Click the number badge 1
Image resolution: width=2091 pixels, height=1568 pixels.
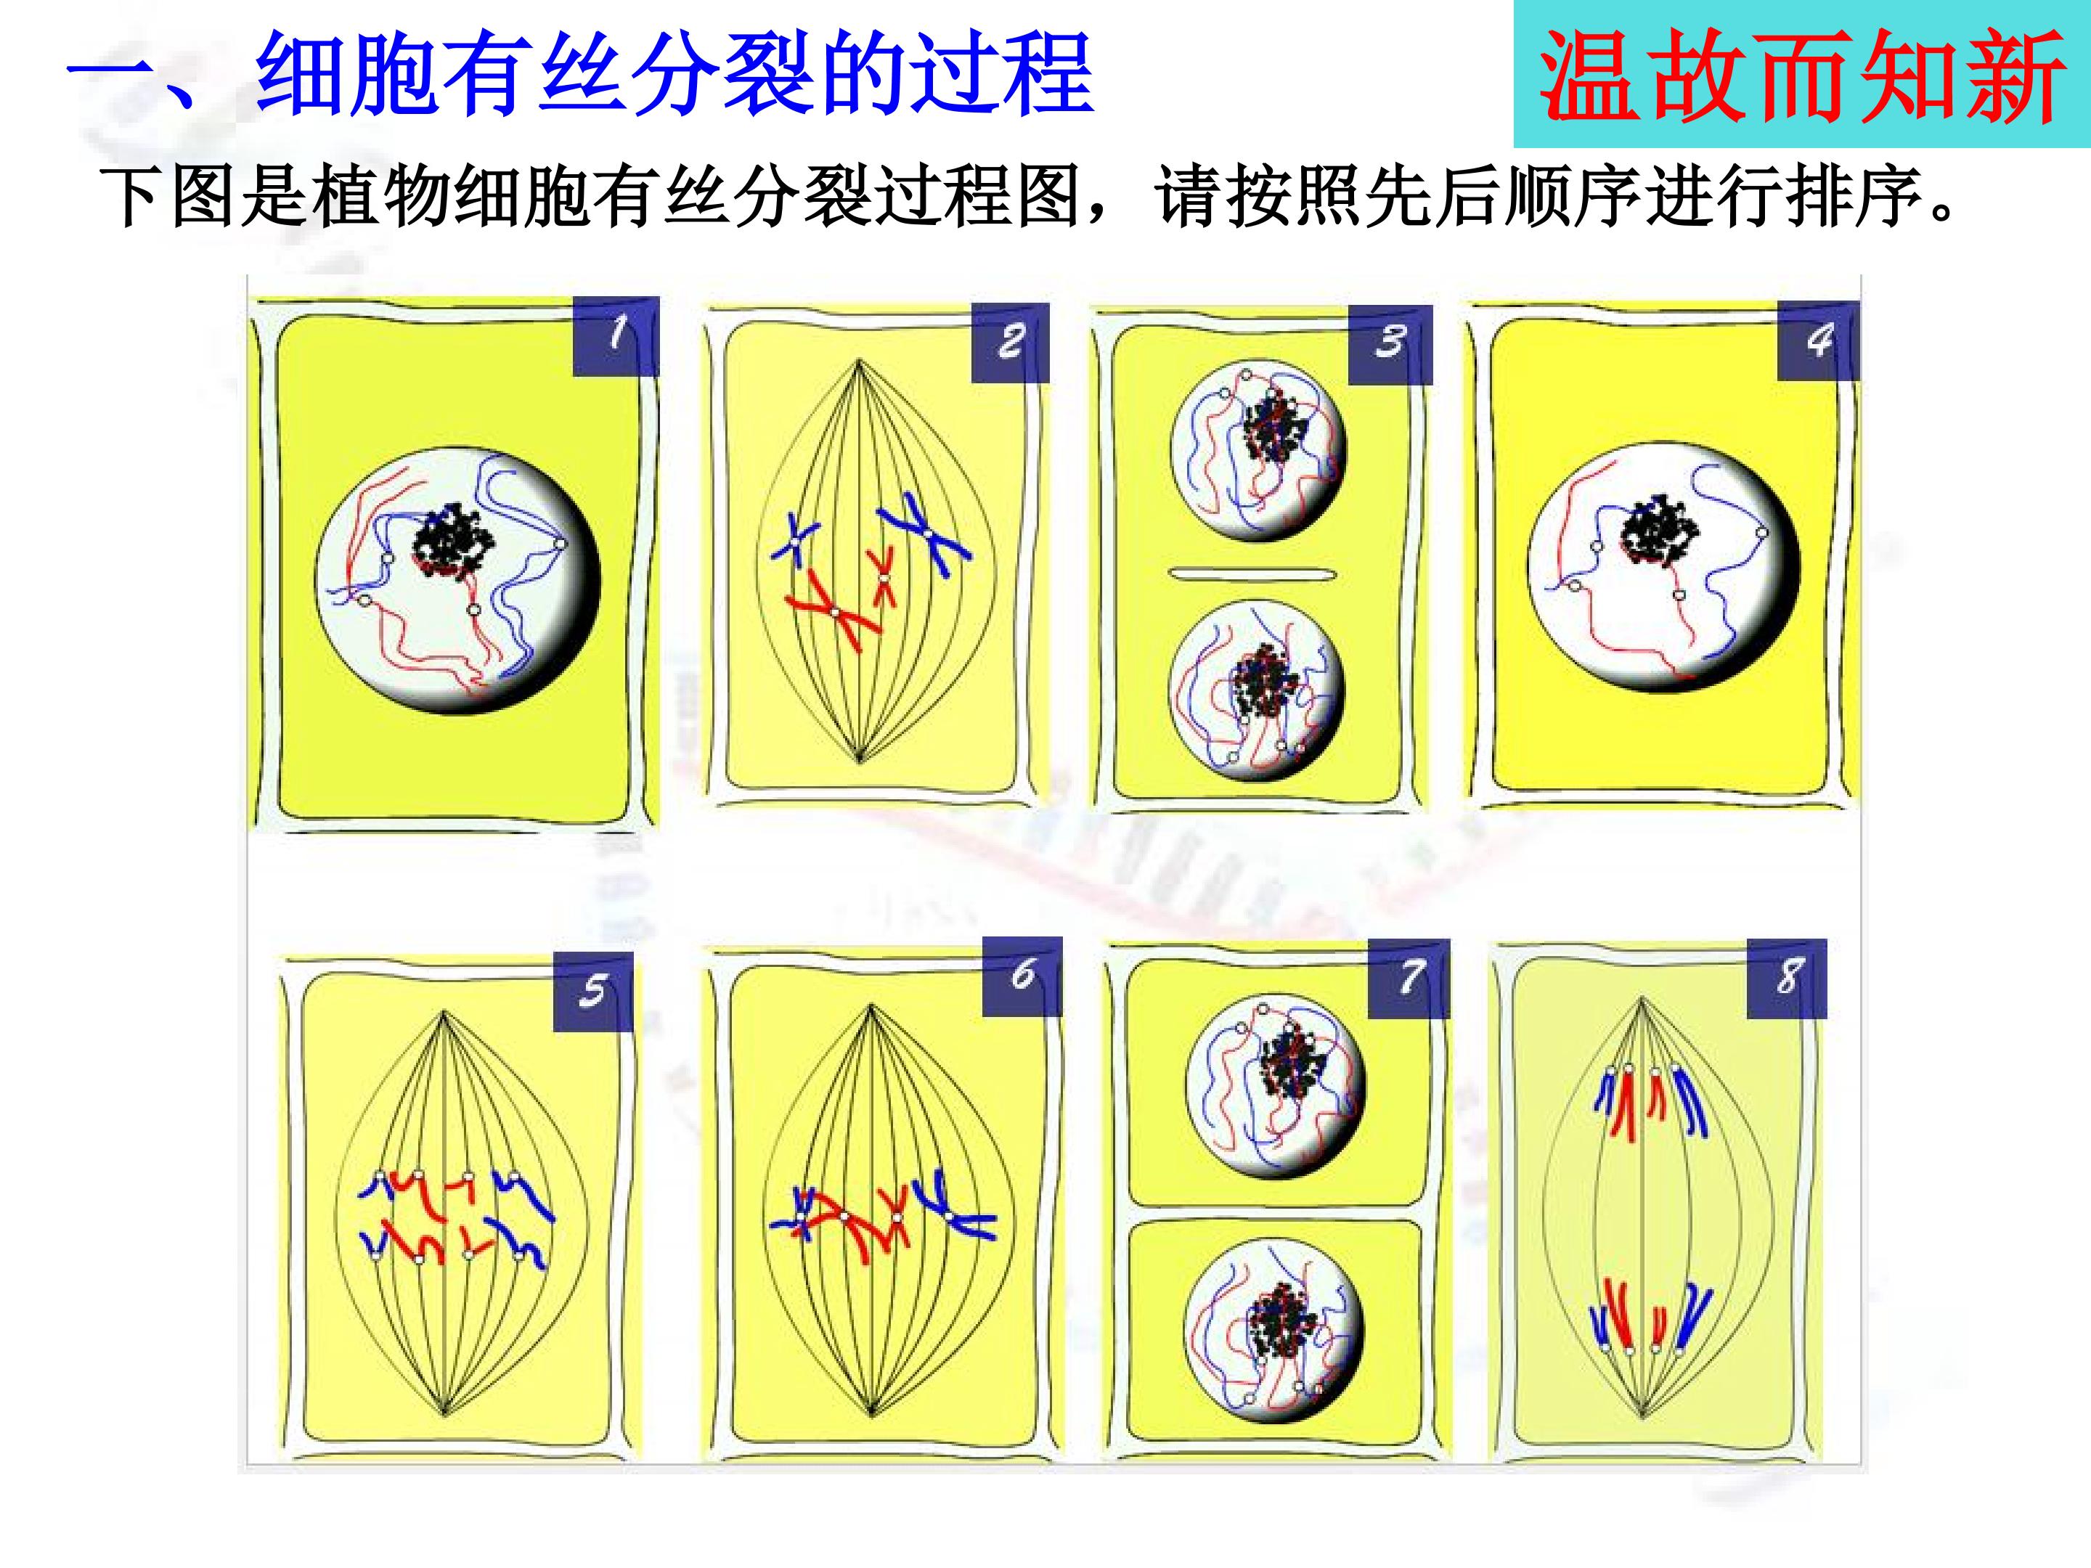(x=616, y=337)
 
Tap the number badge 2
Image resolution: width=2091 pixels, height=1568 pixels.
(x=1011, y=342)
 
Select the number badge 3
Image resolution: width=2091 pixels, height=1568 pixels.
(x=1390, y=344)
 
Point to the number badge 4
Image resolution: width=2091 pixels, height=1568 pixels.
(x=1818, y=340)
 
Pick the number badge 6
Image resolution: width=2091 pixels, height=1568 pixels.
(x=1022, y=976)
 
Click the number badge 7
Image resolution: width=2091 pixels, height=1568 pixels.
(x=1409, y=979)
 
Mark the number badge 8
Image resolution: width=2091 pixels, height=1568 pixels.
(x=1787, y=979)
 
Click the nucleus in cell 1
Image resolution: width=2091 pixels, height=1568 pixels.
(x=457, y=580)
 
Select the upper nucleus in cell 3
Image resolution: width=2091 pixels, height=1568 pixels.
(x=1258, y=451)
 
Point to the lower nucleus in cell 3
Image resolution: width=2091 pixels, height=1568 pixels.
(x=1256, y=690)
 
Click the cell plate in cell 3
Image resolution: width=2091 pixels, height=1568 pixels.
(x=1252, y=573)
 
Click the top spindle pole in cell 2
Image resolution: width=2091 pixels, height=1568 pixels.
(x=860, y=360)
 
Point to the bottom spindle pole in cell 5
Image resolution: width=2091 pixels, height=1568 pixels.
(x=444, y=1415)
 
